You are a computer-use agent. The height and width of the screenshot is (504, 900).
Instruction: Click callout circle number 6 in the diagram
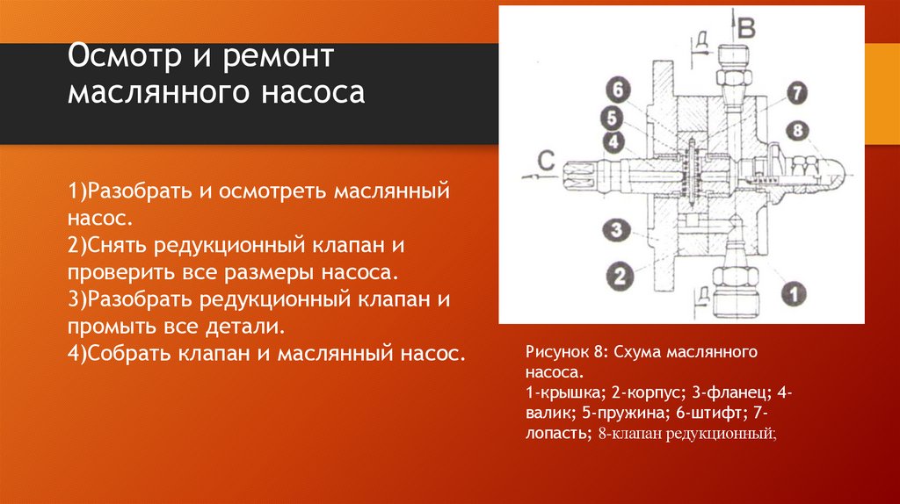618,90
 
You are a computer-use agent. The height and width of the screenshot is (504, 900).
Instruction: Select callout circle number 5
613,118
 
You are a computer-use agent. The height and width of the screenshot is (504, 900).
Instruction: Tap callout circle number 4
613,140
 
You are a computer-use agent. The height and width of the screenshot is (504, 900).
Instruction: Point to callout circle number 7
796,92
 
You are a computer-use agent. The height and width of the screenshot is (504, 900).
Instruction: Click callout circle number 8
796,129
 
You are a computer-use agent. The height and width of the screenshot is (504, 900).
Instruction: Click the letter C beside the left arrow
545,160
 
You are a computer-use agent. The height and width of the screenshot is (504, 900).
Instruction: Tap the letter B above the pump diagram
746,28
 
